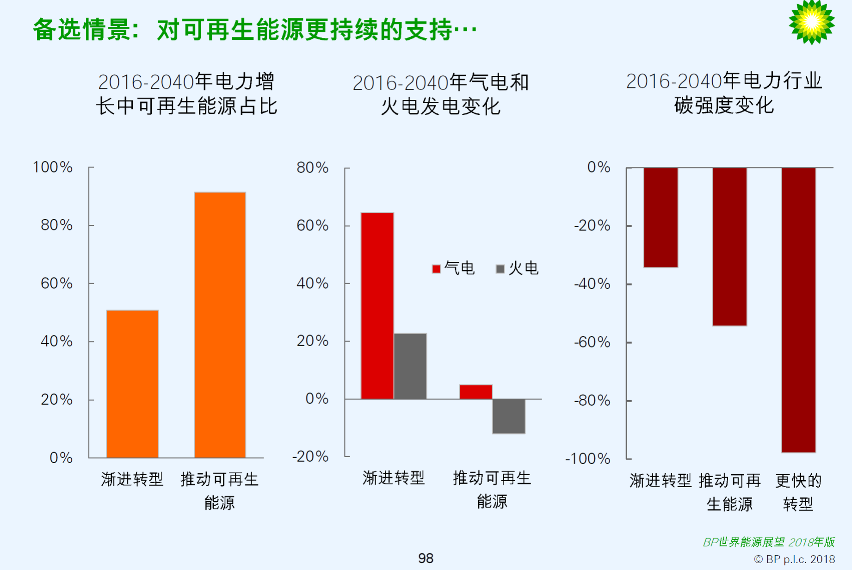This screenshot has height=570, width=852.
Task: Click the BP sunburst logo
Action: tap(811, 22)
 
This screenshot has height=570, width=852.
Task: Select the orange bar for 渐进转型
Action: tap(132, 384)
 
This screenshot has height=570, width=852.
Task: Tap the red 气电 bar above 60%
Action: tap(377, 305)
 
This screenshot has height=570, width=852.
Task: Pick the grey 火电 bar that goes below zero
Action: tap(508, 416)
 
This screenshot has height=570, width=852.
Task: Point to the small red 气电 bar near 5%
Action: tap(475, 391)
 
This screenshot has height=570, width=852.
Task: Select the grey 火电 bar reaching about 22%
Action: tap(410, 366)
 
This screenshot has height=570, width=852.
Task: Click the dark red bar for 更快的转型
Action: tap(798, 310)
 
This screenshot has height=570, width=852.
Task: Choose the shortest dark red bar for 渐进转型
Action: tap(661, 217)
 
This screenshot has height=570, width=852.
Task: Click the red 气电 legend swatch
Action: tap(436, 269)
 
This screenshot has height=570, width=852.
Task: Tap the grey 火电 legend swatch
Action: tap(500, 269)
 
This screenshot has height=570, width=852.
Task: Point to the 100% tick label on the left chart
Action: tap(53, 167)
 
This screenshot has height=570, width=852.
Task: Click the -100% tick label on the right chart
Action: tap(587, 458)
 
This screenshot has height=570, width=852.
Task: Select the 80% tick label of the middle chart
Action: tap(312, 167)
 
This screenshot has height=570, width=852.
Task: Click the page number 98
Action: tap(426, 558)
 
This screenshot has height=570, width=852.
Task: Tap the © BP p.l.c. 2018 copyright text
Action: tap(794, 559)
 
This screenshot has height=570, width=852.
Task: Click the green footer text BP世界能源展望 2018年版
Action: tap(768, 542)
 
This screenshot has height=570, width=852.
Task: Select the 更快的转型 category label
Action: tap(798, 492)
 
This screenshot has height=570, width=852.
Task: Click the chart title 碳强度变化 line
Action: tap(724, 105)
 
